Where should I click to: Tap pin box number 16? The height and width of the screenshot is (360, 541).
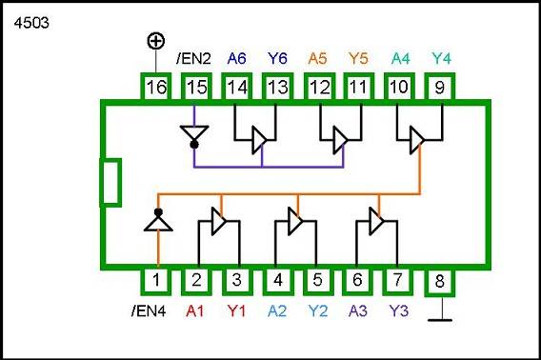pos(155,88)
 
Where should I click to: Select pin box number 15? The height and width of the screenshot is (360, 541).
pos(196,88)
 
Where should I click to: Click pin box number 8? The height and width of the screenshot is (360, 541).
pos(439,281)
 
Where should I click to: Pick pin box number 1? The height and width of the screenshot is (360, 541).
pos(155,281)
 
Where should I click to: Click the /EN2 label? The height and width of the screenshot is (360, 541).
pos(194,59)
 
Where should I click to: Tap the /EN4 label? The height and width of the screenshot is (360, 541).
pos(150,310)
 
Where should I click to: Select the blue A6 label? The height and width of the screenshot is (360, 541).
pos(237,59)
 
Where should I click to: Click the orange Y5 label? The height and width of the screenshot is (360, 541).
pos(359,59)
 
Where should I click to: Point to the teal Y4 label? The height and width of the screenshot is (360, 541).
pos(441,59)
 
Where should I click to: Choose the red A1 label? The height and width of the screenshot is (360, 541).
pos(196,310)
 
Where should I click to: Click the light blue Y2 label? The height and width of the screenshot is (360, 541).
pos(318,310)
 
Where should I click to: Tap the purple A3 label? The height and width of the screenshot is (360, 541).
pos(358,310)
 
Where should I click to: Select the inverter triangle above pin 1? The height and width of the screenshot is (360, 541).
pos(156,222)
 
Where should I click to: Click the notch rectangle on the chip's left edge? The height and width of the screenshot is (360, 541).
pos(110,183)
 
